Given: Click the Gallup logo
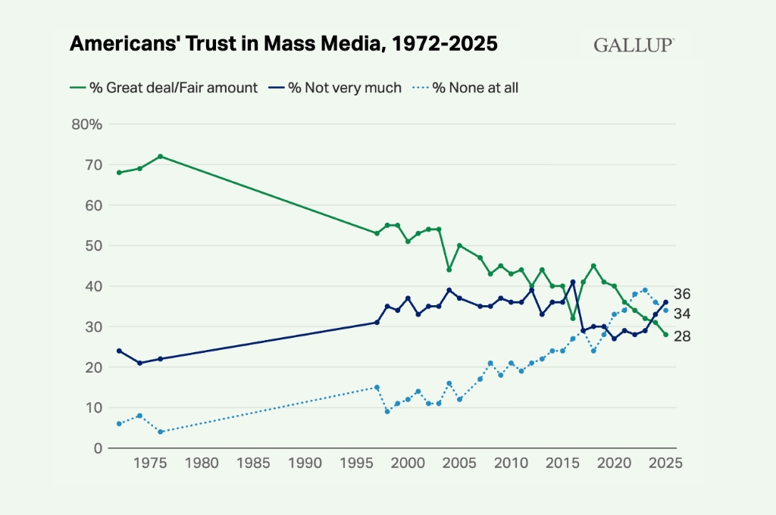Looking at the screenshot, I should pos(634,45).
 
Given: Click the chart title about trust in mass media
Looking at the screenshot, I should pos(283,44).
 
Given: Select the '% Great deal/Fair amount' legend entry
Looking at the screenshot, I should pos(164,88).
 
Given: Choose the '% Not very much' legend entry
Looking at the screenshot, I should pos(335,88).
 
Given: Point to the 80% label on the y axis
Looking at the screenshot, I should pos(86,124).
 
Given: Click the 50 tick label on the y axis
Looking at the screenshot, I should pos(93,245).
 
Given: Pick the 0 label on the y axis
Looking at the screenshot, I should pos(97,448).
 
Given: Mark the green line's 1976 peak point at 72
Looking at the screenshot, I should pos(160,156).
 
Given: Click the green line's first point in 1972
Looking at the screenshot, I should pos(119,173).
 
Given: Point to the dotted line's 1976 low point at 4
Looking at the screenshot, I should pos(160,432).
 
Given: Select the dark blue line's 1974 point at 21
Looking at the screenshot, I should pos(139,363).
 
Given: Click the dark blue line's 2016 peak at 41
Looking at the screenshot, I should pos(573,282).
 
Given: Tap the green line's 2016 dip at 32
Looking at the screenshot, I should pos(573,318).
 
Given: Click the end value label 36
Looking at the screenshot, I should pos(682,294).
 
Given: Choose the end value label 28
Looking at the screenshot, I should pos(682,336).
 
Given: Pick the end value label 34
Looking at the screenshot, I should pos(682,314).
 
